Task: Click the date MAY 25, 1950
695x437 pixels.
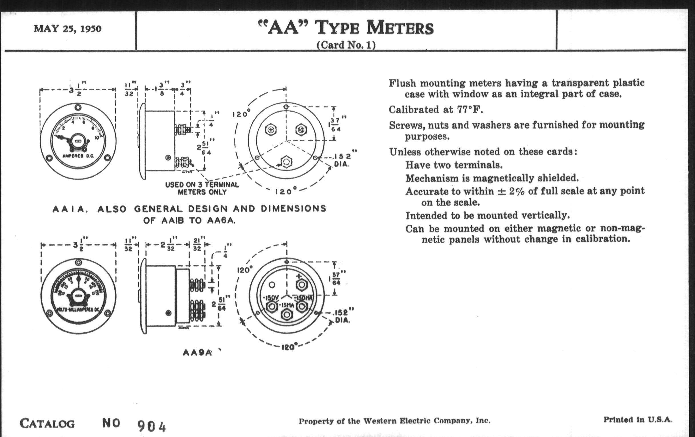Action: coord(67,29)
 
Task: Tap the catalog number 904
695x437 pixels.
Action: coord(151,426)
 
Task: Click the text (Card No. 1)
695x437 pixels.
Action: coord(346,45)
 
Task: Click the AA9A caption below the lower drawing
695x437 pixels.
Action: coord(197,352)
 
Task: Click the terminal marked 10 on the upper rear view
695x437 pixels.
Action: coord(301,130)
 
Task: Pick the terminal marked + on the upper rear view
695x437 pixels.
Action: coord(271,130)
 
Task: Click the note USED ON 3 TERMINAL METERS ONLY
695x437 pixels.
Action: coord(202,188)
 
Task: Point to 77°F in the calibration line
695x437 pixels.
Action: coord(470,110)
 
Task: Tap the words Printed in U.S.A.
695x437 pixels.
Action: coord(638,420)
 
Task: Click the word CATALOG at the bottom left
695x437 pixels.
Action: coord(47,424)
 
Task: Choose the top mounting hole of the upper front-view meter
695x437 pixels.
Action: coord(78,108)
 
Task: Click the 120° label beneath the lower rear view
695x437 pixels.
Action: coord(288,347)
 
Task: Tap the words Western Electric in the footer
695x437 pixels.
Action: coord(397,421)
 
